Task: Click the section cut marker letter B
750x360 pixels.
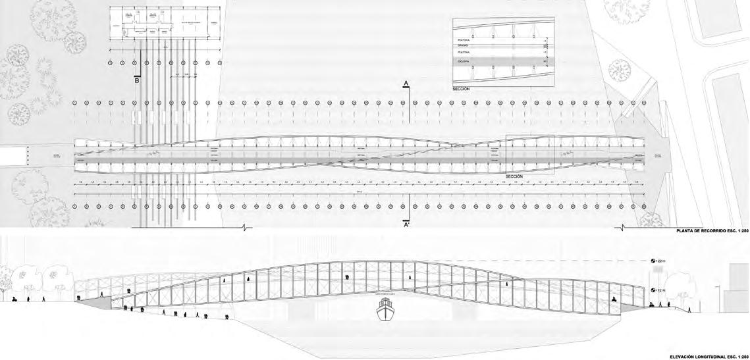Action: point(137,82)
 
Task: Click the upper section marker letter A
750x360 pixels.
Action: point(407,83)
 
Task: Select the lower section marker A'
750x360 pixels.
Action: point(407,224)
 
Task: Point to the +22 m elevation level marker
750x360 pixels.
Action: point(660,261)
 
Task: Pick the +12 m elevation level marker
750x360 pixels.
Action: point(660,290)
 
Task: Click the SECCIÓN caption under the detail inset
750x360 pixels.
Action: point(461,88)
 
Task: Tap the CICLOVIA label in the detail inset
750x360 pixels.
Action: point(464,61)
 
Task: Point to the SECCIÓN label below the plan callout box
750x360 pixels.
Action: point(514,177)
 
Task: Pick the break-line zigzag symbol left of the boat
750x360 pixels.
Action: point(244,228)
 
